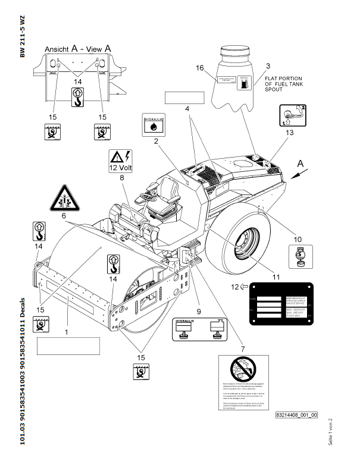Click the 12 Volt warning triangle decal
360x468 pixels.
click(121, 161)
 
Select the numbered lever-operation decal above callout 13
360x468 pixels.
click(292, 115)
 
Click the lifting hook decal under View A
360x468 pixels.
click(77, 97)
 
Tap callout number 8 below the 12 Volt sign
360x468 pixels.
click(121, 177)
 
